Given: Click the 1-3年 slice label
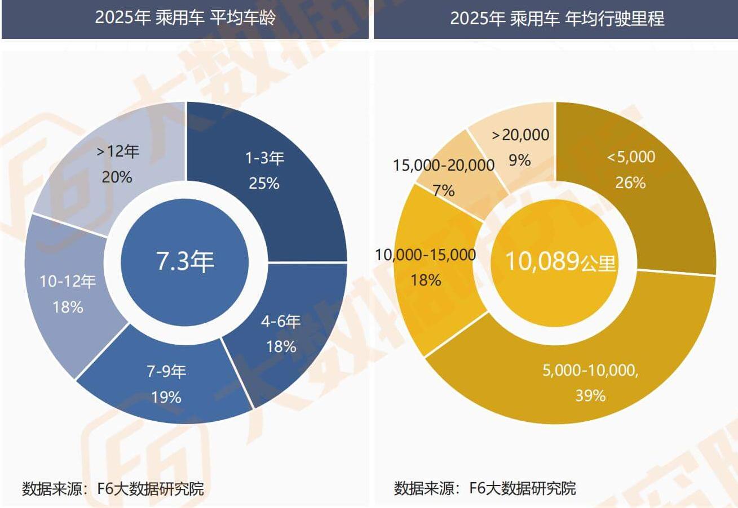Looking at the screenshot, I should click(x=264, y=158).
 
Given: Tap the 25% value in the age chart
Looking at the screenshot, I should click(x=264, y=183).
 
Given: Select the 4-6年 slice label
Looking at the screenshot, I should click(x=281, y=322).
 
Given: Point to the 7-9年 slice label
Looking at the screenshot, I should click(x=166, y=372).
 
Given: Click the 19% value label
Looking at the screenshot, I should click(x=166, y=397).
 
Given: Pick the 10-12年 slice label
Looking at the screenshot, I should click(x=68, y=282).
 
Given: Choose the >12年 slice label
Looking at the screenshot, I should click(x=117, y=151).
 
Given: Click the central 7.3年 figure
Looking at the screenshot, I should click(x=185, y=262).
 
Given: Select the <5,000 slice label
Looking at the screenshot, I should click(x=631, y=157).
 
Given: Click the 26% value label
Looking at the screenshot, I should click(x=631, y=182).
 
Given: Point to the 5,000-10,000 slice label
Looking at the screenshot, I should click(x=590, y=371).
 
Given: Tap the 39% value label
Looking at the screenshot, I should click(x=590, y=395).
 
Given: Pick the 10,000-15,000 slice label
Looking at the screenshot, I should click(x=426, y=255).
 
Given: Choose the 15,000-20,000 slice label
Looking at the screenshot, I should click(x=444, y=165).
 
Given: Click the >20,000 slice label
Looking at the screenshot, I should click(x=520, y=135).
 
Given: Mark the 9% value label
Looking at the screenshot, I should click(x=520, y=160).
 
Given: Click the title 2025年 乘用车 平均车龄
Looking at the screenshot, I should click(x=185, y=18).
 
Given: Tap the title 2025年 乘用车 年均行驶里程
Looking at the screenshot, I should click(x=556, y=18).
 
